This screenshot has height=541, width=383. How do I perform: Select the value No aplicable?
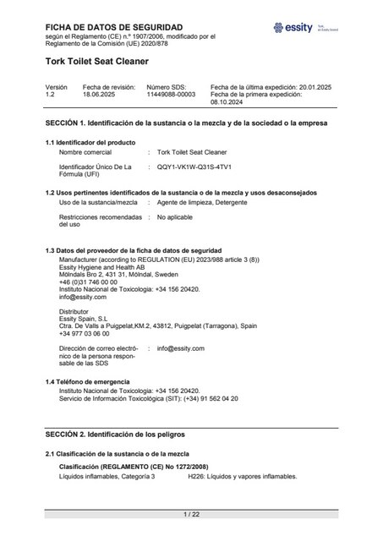point(177,217)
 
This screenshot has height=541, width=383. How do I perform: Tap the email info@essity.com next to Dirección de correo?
point(180,348)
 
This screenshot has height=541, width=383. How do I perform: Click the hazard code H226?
point(197,476)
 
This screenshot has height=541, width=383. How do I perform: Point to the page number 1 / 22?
point(191,514)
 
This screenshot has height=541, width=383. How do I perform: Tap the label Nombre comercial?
point(85,152)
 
